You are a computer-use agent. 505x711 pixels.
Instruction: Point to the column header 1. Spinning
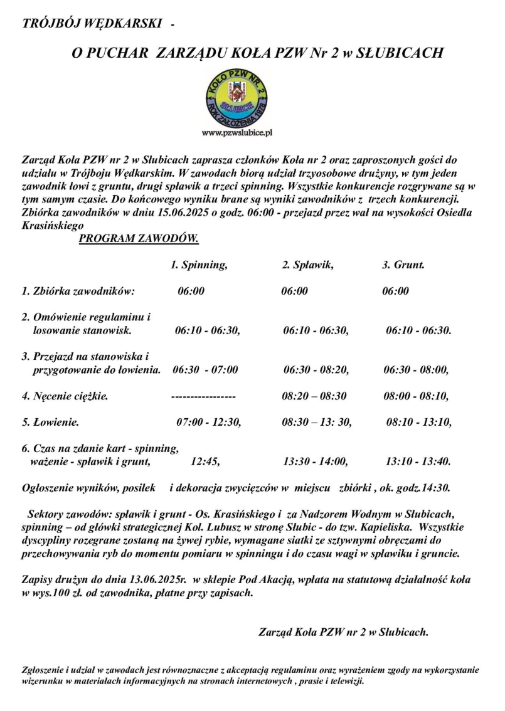[199, 265]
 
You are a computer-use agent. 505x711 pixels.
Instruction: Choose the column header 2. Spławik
[307, 265]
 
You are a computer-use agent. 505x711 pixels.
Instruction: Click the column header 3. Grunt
[403, 265]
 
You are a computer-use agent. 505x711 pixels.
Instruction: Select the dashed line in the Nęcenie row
[203, 396]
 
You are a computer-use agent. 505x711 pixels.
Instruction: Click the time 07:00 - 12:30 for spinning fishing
[208, 423]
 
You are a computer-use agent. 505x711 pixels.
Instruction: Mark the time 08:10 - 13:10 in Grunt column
[419, 423]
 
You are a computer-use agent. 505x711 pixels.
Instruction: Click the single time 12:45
[205, 462]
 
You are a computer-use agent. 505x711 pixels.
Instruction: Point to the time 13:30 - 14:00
[315, 462]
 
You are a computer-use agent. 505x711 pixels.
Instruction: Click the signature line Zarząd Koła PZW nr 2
[343, 632]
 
